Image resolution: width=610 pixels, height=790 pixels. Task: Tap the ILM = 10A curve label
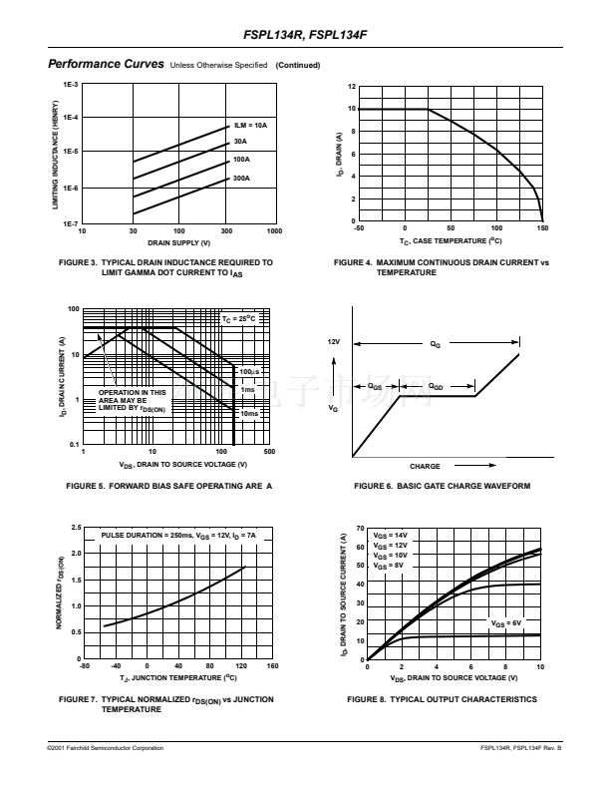tap(250, 125)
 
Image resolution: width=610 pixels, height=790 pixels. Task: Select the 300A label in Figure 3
tap(241, 178)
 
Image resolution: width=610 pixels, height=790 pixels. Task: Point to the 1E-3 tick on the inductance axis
tap(71, 86)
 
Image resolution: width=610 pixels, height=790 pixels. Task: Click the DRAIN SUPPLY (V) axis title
tap(178, 242)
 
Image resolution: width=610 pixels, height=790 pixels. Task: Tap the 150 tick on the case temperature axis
tap(542, 229)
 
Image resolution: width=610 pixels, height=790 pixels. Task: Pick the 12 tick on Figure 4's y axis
tap(352, 88)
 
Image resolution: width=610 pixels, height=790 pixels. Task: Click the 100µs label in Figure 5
tap(249, 372)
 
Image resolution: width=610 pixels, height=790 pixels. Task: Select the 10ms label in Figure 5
tap(248, 412)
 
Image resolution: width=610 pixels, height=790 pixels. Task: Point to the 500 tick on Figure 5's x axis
tap(269, 452)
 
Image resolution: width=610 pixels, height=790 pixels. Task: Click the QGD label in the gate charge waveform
tap(438, 386)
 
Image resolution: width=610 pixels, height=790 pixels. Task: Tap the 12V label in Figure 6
tap(334, 342)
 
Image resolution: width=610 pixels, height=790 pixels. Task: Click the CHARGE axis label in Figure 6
tap(425, 466)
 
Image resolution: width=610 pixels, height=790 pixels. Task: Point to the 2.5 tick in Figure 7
tap(75, 527)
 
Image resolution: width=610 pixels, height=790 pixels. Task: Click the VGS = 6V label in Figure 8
tap(506, 622)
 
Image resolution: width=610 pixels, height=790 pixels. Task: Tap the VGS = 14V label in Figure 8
tap(391, 537)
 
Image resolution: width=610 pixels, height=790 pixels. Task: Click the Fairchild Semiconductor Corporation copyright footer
tap(105, 747)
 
